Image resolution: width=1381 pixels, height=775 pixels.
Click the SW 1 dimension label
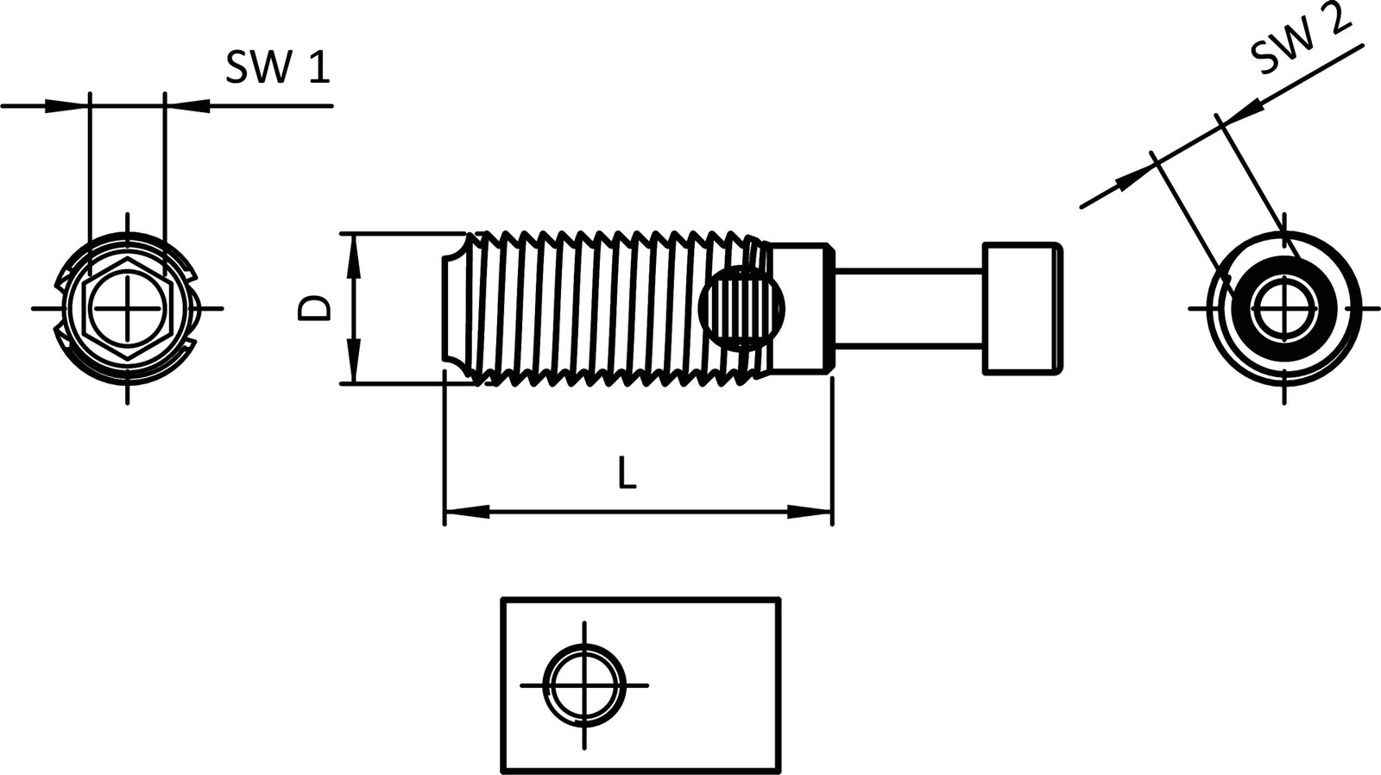coord(278,66)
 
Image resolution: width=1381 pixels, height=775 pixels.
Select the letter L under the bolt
coord(627,474)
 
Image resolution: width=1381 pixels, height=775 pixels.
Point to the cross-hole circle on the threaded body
coord(743,307)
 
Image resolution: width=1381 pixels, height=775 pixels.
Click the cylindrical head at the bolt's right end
coord(1023,308)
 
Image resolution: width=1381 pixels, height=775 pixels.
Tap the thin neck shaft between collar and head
coord(908,308)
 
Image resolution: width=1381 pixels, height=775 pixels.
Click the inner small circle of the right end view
coord(1284,308)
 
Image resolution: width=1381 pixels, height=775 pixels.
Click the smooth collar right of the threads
coord(800,308)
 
